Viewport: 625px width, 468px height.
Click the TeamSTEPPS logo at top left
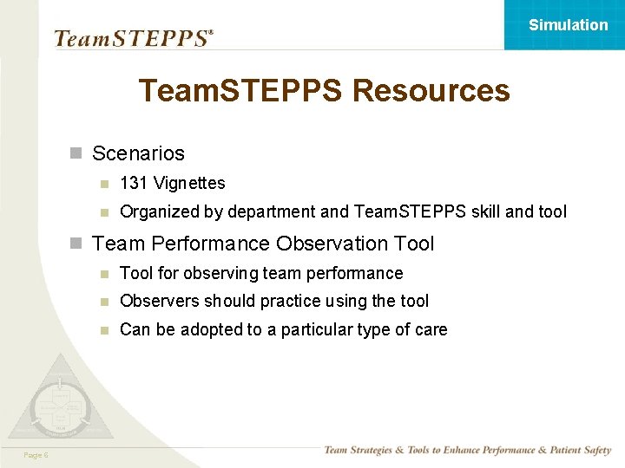pos(133,38)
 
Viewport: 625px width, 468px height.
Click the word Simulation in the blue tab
pos(569,25)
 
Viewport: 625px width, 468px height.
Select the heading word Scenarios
pos(138,153)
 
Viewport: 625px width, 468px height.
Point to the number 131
pos(133,183)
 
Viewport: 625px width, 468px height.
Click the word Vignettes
pos(187,183)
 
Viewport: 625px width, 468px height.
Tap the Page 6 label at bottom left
pos(36,455)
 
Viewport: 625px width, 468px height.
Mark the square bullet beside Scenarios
pos(76,154)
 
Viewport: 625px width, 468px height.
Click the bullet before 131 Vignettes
pos(104,184)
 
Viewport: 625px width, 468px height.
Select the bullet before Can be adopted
pos(104,330)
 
